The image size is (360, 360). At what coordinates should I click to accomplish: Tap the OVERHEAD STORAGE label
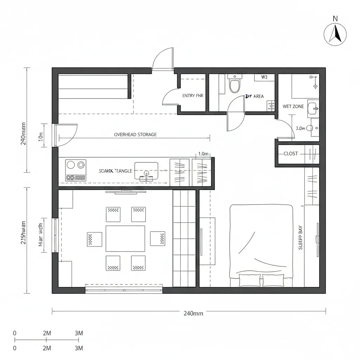pyautogui.click(x=135, y=135)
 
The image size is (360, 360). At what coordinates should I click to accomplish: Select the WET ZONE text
pyautogui.click(x=293, y=107)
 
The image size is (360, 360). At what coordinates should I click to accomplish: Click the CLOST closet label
pyautogui.click(x=291, y=154)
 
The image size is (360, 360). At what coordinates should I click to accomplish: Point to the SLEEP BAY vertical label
pyautogui.click(x=300, y=238)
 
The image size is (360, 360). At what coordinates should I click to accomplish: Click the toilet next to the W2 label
pyautogui.click(x=234, y=84)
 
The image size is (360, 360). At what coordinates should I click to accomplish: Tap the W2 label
pyautogui.click(x=264, y=77)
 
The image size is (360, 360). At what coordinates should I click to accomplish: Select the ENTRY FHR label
pyautogui.click(x=193, y=96)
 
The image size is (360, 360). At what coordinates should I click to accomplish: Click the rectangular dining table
pyautogui.click(x=125, y=238)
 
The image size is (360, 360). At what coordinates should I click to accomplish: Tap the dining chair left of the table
pyautogui.click(x=94, y=239)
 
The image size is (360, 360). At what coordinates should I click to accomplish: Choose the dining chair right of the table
pyautogui.click(x=157, y=238)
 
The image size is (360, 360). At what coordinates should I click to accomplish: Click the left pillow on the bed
pyautogui.click(x=250, y=280)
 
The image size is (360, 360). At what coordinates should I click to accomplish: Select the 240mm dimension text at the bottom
pyautogui.click(x=193, y=314)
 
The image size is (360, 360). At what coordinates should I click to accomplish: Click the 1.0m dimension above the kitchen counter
pyautogui.click(x=204, y=154)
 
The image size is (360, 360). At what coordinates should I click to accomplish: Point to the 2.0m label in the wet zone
pyautogui.click(x=301, y=129)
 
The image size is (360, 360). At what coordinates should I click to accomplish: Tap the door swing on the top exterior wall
pyautogui.click(x=163, y=59)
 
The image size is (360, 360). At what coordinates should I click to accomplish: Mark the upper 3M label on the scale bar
pyautogui.click(x=79, y=333)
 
